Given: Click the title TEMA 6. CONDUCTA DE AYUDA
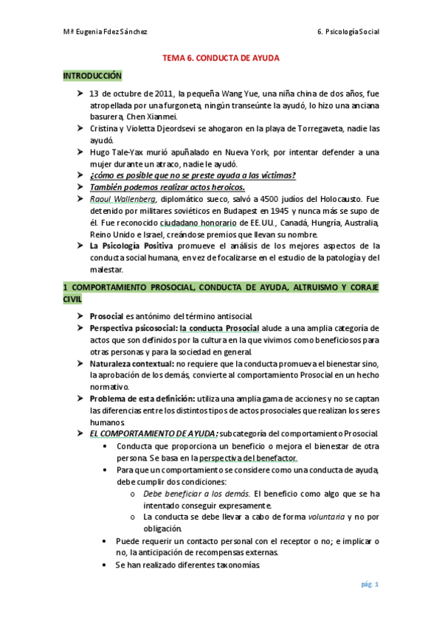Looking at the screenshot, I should pos(221,57).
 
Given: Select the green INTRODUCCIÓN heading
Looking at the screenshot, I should pos(91,75).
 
